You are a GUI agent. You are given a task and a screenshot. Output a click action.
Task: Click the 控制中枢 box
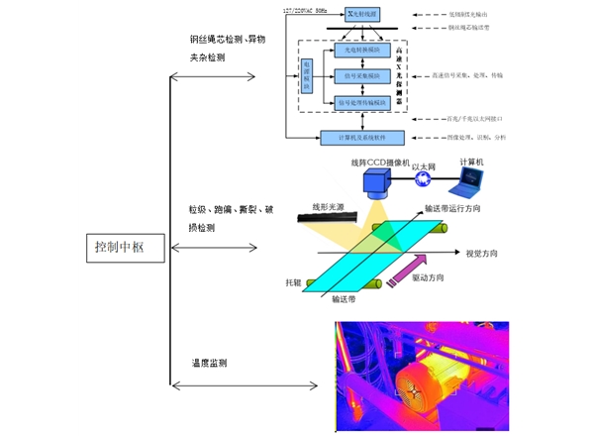click(x=118, y=247)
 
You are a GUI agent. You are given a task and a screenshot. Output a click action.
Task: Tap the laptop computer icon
click(x=465, y=181)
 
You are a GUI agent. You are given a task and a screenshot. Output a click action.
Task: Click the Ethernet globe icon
click(x=423, y=179)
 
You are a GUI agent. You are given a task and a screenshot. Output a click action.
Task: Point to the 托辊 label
click(x=293, y=282)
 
